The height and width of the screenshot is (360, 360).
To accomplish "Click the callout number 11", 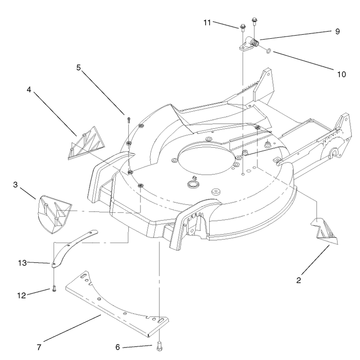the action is [x=207, y=23].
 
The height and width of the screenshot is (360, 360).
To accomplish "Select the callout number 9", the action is [x=337, y=31].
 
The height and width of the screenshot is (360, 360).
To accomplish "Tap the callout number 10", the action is [x=342, y=74].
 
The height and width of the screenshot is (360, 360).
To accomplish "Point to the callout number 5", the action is [x=79, y=67].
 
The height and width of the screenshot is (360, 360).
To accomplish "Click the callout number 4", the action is [x=29, y=90].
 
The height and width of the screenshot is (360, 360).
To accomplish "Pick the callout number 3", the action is [x=15, y=184].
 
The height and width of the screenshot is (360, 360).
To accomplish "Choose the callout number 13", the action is [x=22, y=263].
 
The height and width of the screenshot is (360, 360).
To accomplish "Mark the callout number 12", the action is [x=22, y=296].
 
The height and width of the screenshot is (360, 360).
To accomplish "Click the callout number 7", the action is [x=39, y=347].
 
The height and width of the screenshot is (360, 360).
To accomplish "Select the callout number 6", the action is [x=117, y=347].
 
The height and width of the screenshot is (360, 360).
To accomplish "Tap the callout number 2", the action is [x=298, y=280].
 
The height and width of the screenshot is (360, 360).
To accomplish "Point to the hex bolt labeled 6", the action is [x=159, y=346].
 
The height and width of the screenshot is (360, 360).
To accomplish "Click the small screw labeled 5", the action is [x=129, y=120].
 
